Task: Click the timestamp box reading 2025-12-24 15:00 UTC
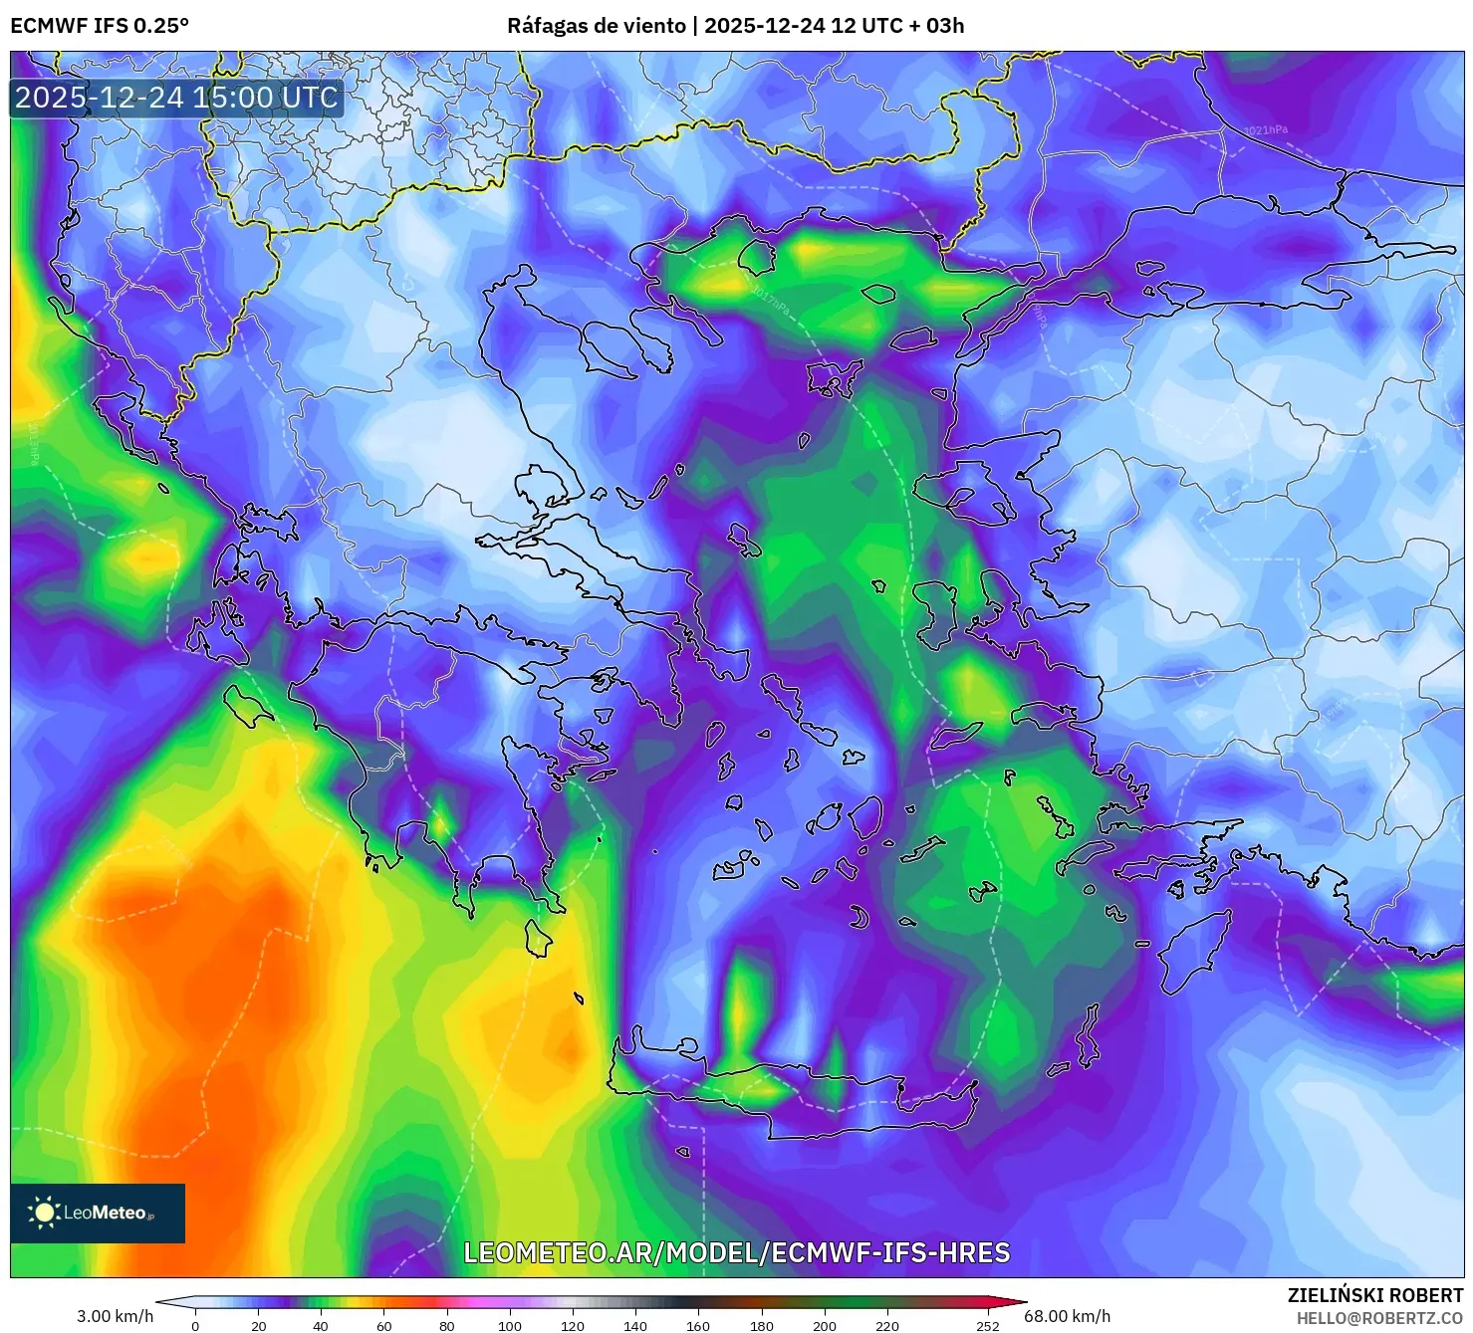tap(176, 98)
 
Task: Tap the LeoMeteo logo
tap(98, 1213)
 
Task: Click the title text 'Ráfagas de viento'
tap(596, 26)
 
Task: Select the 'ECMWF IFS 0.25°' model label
tap(100, 26)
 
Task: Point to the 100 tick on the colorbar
tap(510, 1325)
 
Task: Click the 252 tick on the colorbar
tap(987, 1325)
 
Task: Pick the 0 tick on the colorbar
tap(195, 1325)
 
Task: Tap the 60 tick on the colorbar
tap(383, 1325)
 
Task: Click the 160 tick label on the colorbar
tap(698, 1325)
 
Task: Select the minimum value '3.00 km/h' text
tap(115, 1316)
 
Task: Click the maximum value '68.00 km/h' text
tap(1067, 1316)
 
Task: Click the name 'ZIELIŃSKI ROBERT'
tap(1374, 1295)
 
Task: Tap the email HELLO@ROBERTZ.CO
tap(1378, 1318)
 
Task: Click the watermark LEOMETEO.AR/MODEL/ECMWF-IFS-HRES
tap(737, 1252)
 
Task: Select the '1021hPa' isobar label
tap(1265, 130)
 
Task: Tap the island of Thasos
tap(878, 294)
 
